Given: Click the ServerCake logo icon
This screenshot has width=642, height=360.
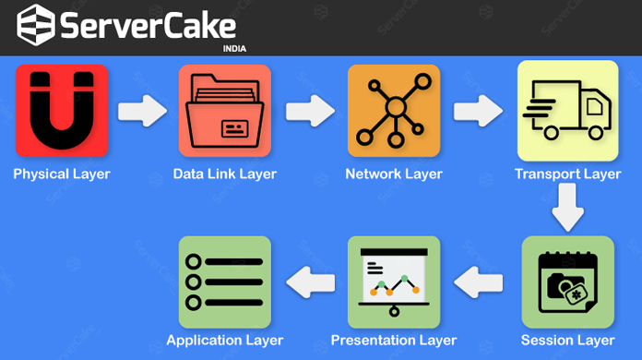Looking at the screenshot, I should pos(35,26).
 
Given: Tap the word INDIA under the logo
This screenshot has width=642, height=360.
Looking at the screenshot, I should pos(235,49).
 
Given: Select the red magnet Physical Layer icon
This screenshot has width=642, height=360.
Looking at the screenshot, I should pos(61,110).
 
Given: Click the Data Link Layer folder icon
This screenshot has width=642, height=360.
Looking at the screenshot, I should pos(225,110).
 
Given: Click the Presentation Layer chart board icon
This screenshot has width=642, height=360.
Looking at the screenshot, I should pos(393,282).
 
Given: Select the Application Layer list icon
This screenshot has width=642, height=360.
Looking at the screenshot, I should pos(225,282).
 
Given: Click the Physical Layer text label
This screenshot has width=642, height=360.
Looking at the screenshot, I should pos(61,174).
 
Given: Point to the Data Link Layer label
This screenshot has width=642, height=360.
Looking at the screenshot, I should pos(225,174).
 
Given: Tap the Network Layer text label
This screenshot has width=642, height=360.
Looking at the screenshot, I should pos(393,174).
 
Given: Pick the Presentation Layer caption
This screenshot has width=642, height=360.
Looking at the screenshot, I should pos(393,341).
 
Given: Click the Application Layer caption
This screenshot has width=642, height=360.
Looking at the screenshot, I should pos(225,341).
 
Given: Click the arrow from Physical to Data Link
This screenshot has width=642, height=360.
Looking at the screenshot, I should pos(142,111).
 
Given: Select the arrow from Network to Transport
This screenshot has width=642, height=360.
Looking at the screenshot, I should pos(477,111).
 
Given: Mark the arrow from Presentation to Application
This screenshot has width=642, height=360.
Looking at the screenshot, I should pos(309,282).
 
